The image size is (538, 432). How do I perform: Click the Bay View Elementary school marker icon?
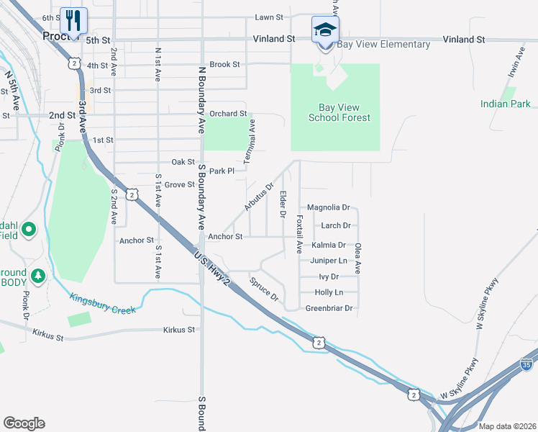[x=325, y=30]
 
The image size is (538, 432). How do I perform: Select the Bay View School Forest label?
[x=339, y=112]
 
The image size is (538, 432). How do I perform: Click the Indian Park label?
[x=506, y=104]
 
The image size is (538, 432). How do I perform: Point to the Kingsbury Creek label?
[x=103, y=303]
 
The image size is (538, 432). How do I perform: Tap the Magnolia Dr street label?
[x=328, y=207]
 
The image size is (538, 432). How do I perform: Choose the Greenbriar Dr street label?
[x=329, y=308]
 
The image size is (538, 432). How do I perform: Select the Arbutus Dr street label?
[x=259, y=197]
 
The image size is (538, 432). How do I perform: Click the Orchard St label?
[x=228, y=114]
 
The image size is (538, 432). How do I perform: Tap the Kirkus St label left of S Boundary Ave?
[x=179, y=330]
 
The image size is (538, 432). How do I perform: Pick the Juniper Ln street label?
[x=329, y=261]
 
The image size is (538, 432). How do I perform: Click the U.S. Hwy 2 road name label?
[x=211, y=269]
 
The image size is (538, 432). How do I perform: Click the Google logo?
[x=24, y=423]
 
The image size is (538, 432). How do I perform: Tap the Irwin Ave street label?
[x=512, y=63]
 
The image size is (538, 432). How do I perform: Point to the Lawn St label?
[x=269, y=17]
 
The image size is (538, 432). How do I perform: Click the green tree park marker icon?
[x=37, y=275]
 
